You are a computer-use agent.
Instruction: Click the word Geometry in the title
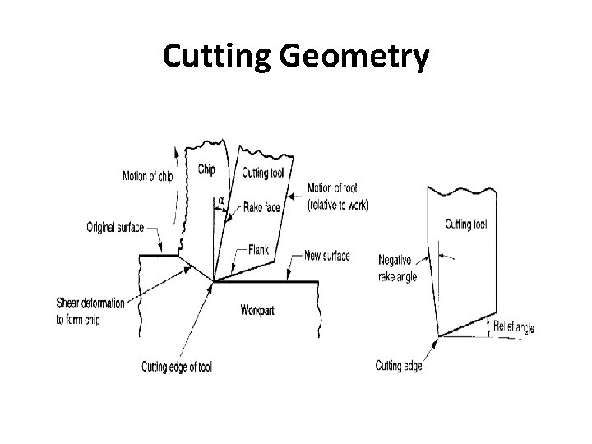[x=362, y=57]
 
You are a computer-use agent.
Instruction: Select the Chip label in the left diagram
[x=207, y=169]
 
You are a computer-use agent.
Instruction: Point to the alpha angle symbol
[x=220, y=199]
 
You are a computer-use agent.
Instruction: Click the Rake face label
[x=261, y=208]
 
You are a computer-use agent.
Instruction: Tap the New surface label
[x=326, y=256]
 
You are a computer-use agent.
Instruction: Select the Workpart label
[x=261, y=310]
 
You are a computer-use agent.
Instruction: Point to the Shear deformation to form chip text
[x=90, y=312]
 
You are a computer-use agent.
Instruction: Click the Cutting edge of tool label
[x=177, y=366]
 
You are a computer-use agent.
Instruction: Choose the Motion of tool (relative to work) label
[x=337, y=196]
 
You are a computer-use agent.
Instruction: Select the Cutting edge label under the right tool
[x=399, y=366]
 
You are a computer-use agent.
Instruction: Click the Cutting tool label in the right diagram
[x=465, y=223]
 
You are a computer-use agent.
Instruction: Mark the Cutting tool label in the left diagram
[x=263, y=172]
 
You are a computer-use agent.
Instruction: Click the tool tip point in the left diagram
[x=215, y=282]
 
